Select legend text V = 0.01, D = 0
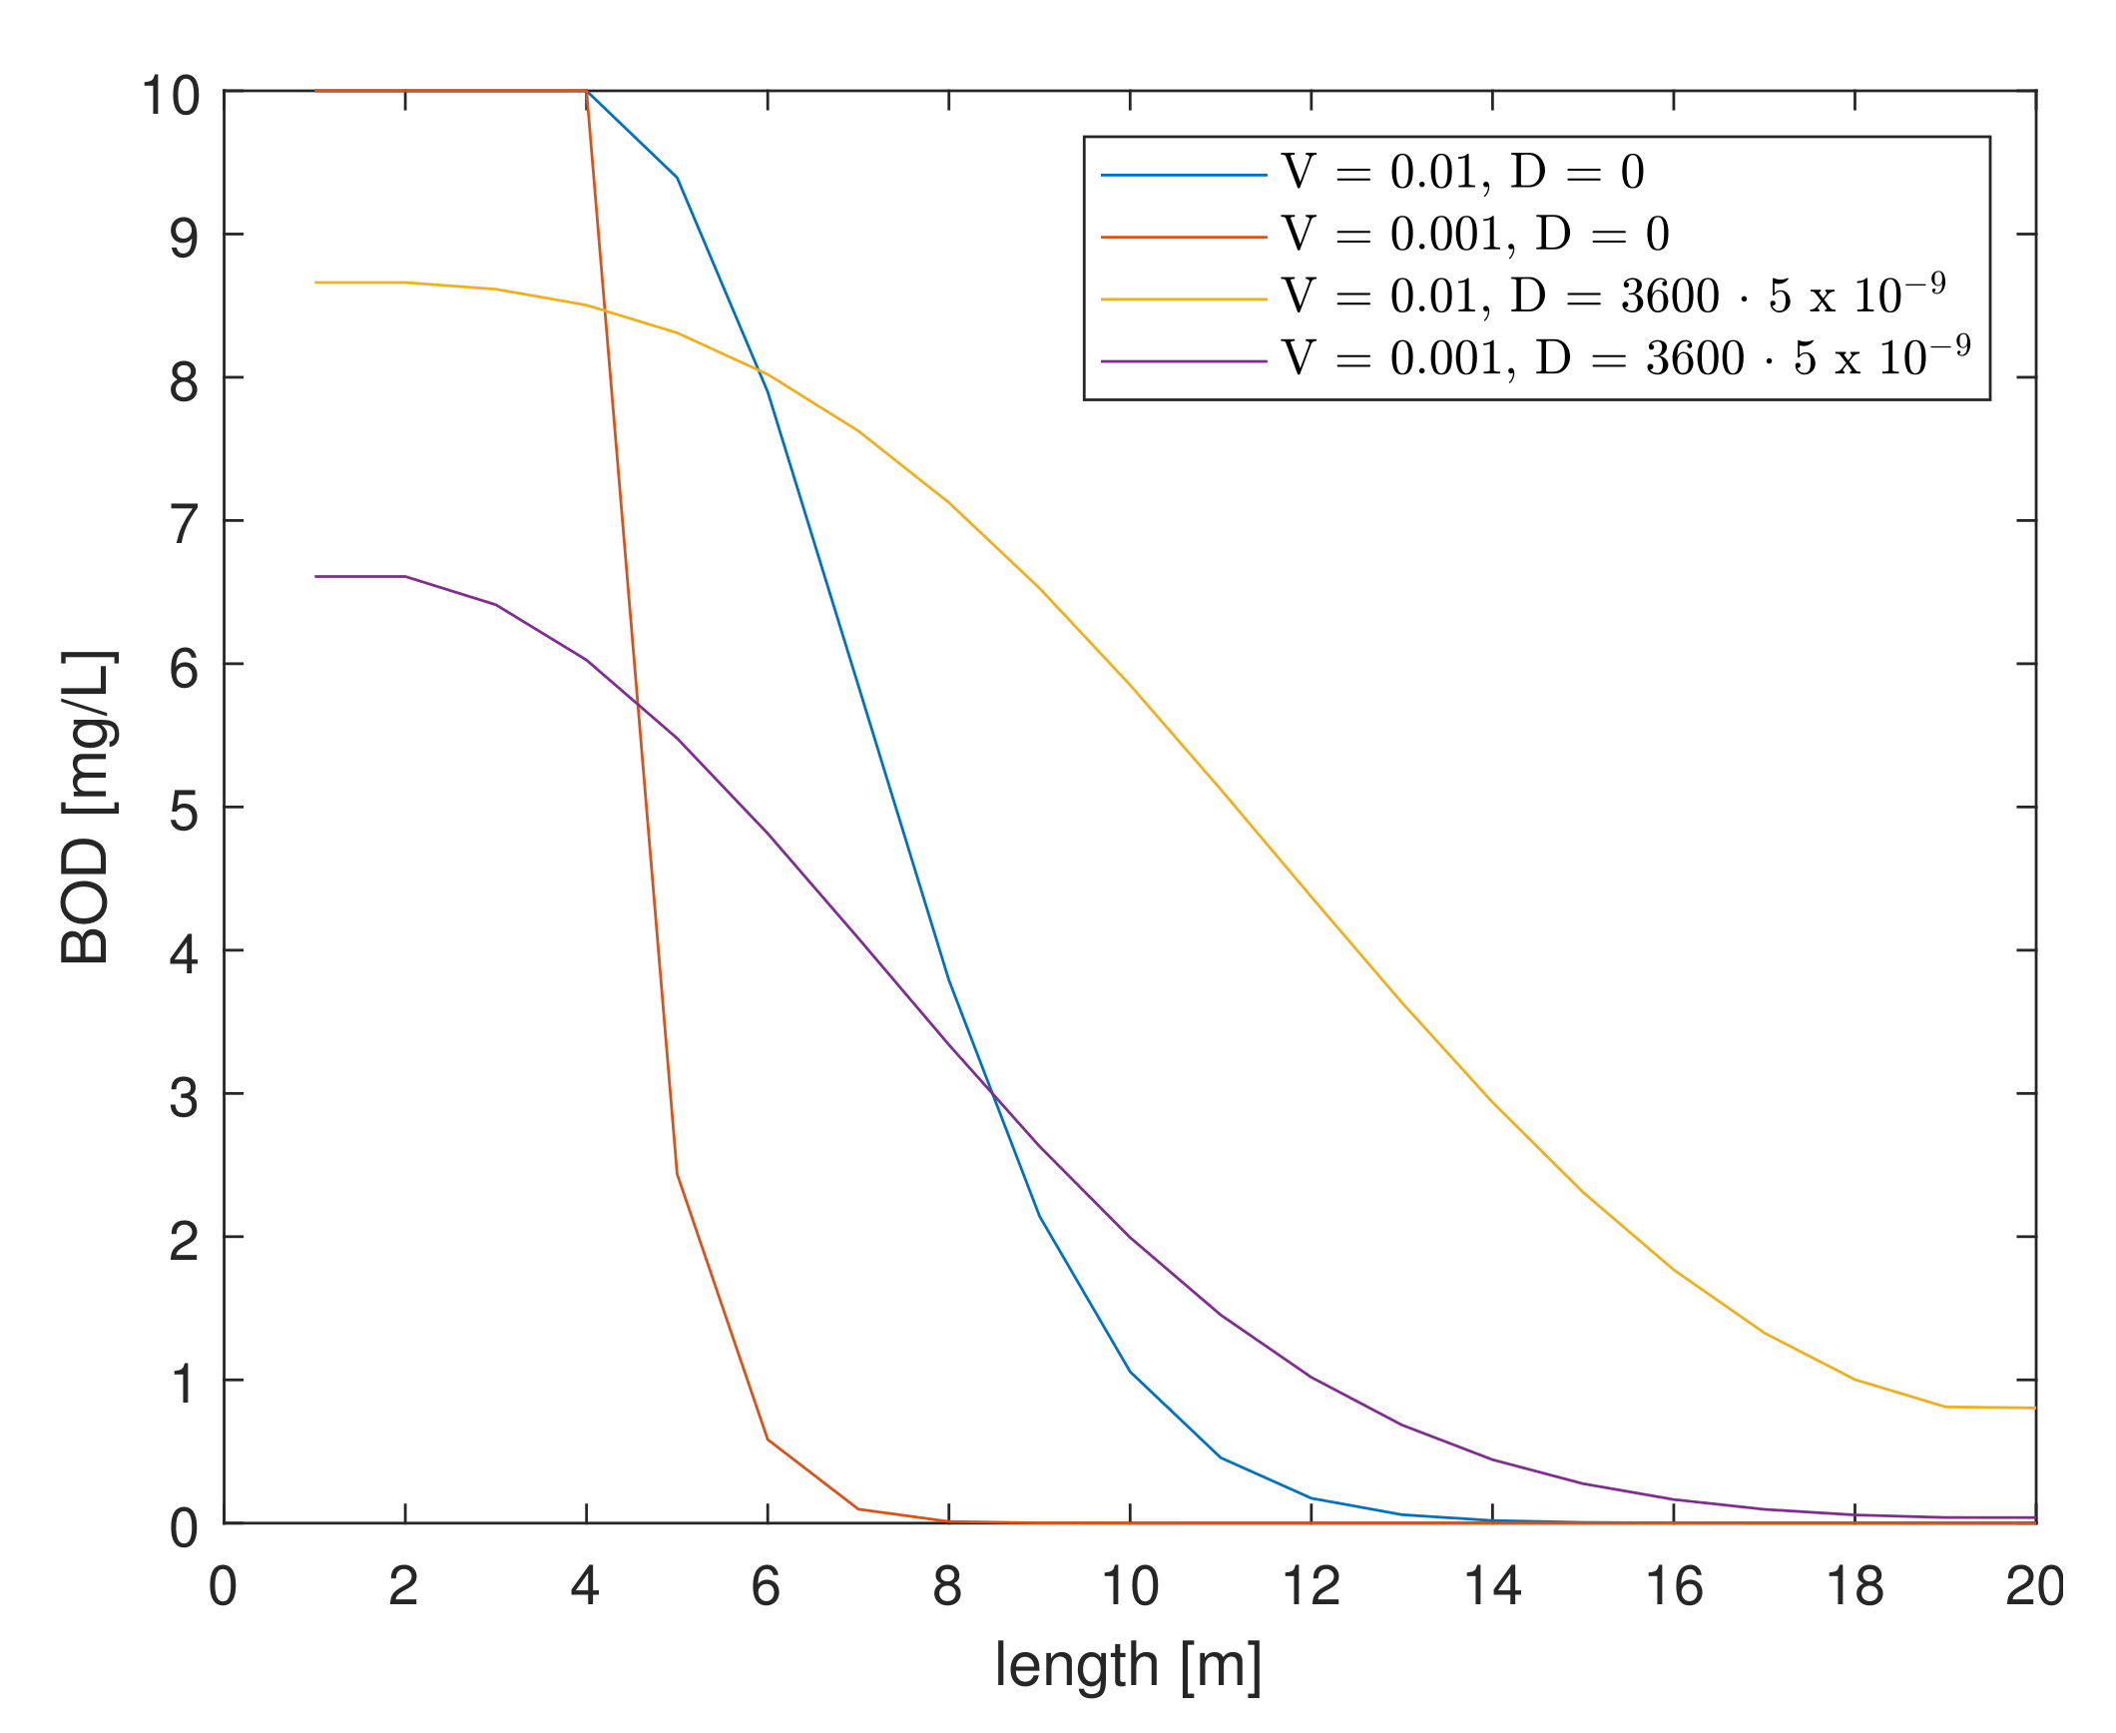point(1462,173)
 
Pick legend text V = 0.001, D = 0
point(1475,235)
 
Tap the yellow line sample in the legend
point(1184,298)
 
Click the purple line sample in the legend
point(1184,360)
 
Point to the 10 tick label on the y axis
point(171,97)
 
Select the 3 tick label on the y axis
point(184,1098)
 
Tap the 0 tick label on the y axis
point(184,1527)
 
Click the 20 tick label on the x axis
point(2034,1586)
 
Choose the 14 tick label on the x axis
point(1491,1586)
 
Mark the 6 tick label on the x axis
point(766,1586)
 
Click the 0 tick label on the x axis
point(223,1586)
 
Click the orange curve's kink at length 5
point(677,1174)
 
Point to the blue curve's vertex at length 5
point(677,178)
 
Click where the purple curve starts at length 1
point(315,576)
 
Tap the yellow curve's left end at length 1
point(315,283)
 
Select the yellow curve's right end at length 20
point(2034,1408)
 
